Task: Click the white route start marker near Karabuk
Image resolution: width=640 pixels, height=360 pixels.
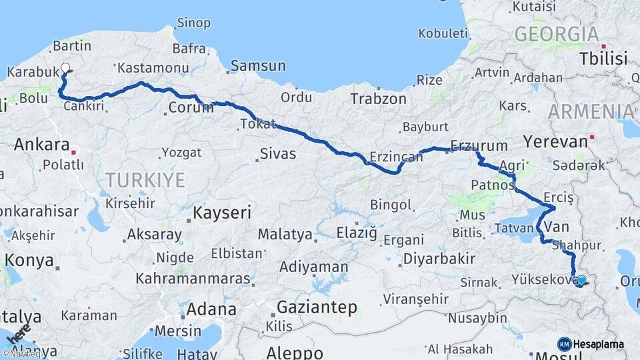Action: pyautogui.click(x=65, y=67)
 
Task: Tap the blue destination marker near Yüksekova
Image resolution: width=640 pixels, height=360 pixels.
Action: pyautogui.click(x=581, y=280)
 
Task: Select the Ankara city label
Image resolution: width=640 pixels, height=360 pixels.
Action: pyautogui.click(x=41, y=144)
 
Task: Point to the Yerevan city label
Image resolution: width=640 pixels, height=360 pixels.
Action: pyautogui.click(x=555, y=141)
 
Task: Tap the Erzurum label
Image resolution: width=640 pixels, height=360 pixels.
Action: pyautogui.click(x=479, y=145)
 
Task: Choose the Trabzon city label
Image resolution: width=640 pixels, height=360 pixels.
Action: pyautogui.click(x=378, y=99)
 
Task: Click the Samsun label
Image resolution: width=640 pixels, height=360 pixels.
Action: pyautogui.click(x=258, y=66)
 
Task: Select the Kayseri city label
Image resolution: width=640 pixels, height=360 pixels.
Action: pyautogui.click(x=222, y=213)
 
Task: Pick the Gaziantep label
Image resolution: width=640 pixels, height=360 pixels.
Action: pyautogui.click(x=317, y=307)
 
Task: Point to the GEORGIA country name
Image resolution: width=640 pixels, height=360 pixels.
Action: pyautogui.click(x=557, y=34)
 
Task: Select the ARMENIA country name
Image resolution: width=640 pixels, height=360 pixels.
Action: pyautogui.click(x=592, y=111)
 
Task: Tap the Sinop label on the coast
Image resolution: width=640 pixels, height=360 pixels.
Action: pyautogui.click(x=193, y=23)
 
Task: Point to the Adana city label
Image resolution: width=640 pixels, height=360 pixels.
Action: pyautogui.click(x=211, y=309)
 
